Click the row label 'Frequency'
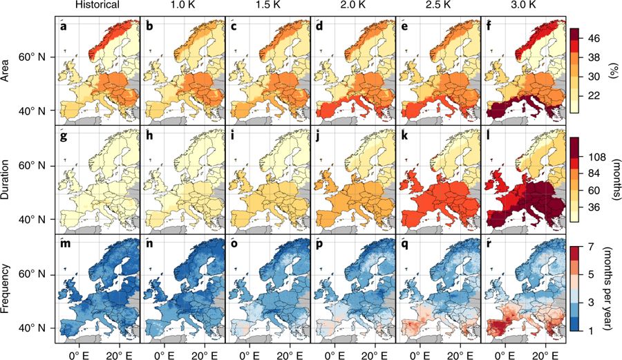pyautogui.click(x=6, y=288)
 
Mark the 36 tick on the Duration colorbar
pyautogui.click(x=593, y=207)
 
